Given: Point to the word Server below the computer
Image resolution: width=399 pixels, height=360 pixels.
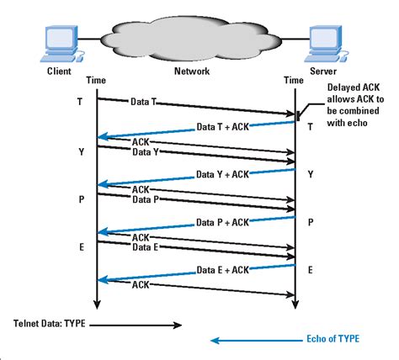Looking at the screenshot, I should pyautogui.click(x=325, y=72).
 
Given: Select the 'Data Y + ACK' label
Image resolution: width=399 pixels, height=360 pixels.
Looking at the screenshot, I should pyautogui.click(x=223, y=175).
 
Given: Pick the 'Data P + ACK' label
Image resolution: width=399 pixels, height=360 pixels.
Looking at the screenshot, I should pyautogui.click(x=223, y=222).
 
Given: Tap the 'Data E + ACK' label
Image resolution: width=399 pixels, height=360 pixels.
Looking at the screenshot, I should pyautogui.click(x=223, y=269).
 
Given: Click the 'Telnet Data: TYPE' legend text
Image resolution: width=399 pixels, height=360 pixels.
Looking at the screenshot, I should pyautogui.click(x=50, y=322).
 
